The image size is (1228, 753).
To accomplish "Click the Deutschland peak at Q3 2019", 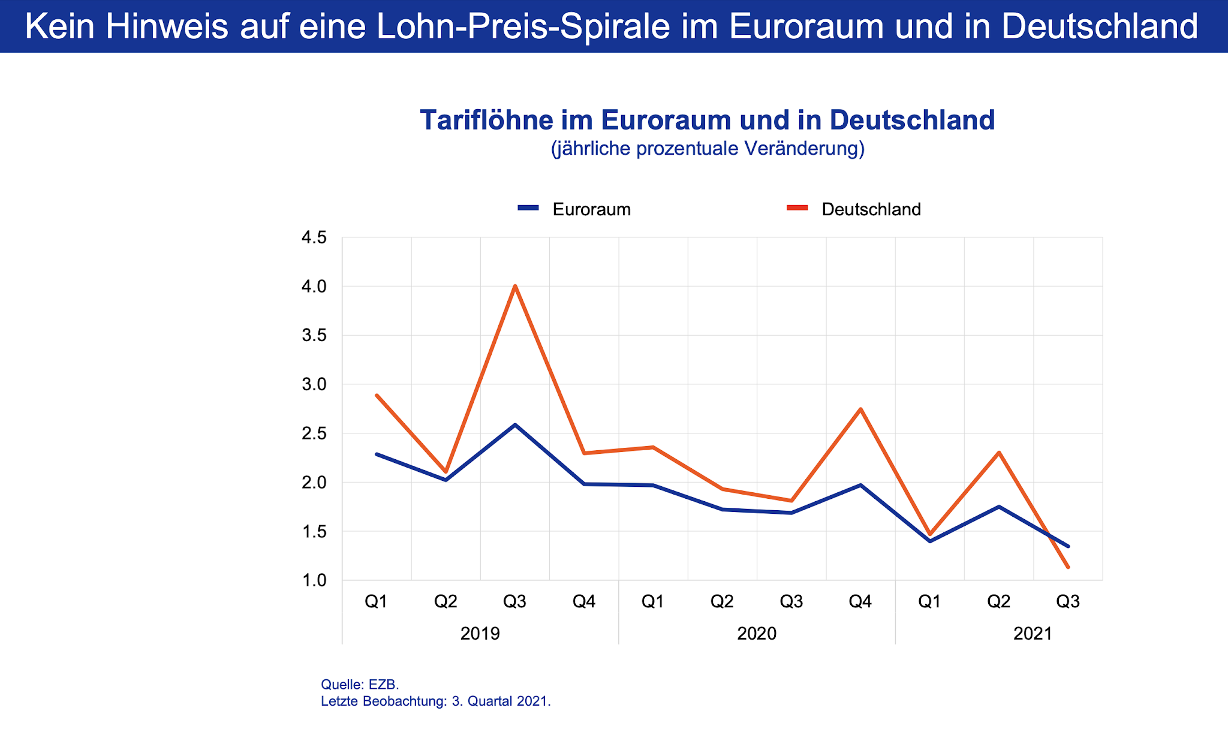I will click(x=515, y=286).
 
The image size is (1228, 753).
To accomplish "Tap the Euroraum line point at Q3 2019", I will click(x=515, y=425).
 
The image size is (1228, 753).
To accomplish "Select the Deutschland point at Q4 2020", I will click(x=860, y=409).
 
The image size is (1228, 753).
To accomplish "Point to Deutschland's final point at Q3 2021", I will click(x=1068, y=567).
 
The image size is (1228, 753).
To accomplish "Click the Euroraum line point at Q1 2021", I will click(x=929, y=541).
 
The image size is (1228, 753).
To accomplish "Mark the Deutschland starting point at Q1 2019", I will click(x=377, y=395).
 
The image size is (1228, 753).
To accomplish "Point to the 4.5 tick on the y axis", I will click(x=314, y=238).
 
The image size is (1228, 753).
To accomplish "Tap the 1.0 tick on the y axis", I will click(x=314, y=580).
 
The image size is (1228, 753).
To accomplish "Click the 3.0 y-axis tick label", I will click(x=314, y=384).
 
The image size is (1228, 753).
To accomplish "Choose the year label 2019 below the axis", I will click(x=480, y=634).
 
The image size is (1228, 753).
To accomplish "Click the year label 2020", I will click(x=757, y=634).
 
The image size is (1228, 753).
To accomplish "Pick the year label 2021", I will click(x=1033, y=634).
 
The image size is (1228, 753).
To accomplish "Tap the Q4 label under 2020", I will click(x=860, y=601).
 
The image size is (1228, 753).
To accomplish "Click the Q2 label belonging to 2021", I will click(x=998, y=601).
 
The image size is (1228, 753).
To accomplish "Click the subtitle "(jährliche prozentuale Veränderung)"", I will click(x=708, y=148).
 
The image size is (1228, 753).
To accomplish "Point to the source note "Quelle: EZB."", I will click(x=360, y=685).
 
